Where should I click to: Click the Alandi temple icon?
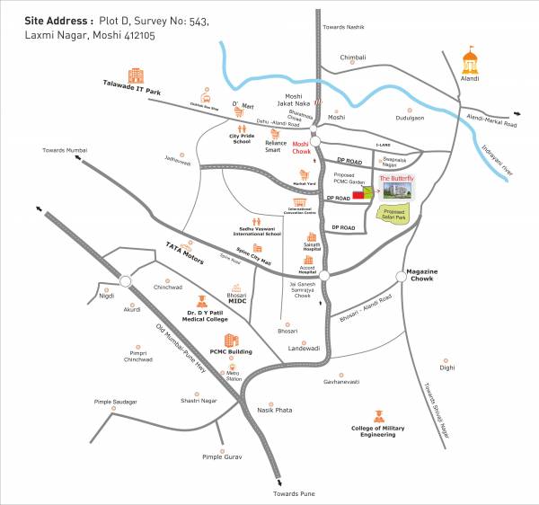coord(468,60)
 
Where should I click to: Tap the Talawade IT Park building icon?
coord(136,75)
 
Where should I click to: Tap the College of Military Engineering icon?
coord(378,415)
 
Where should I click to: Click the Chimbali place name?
coord(353,57)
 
